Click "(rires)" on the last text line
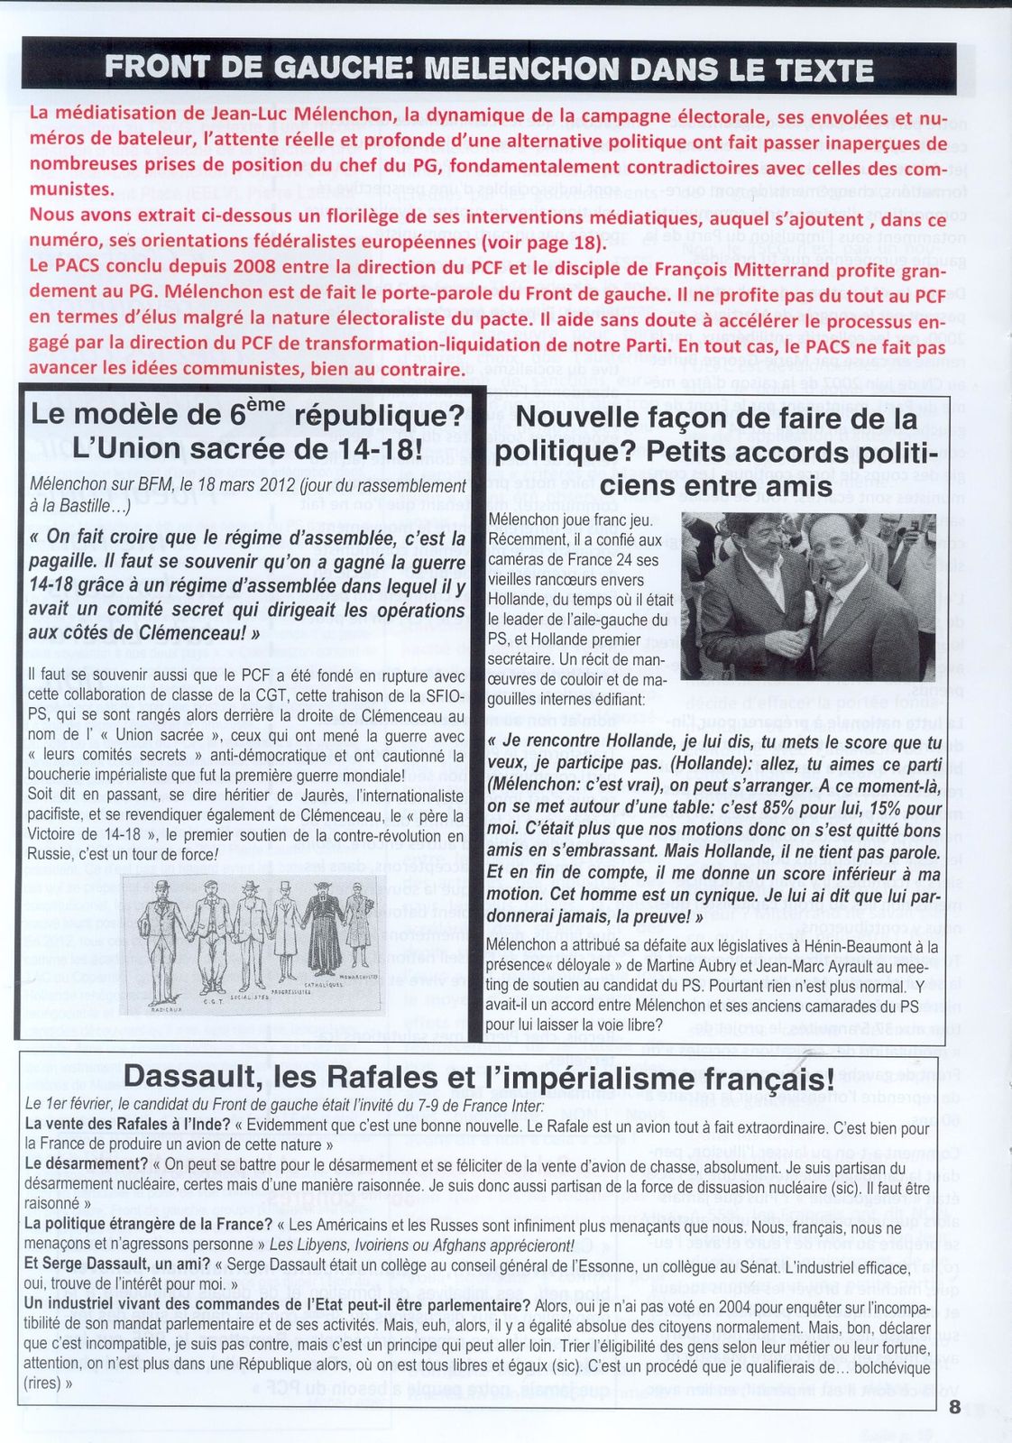42,1383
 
